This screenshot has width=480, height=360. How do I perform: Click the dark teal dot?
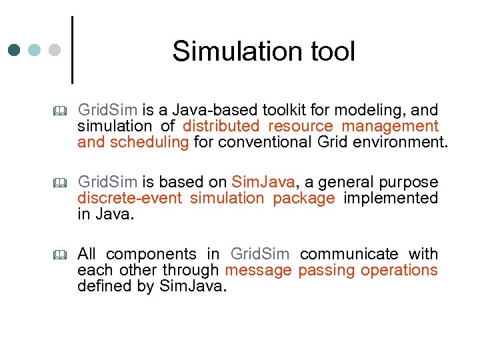pos(15,50)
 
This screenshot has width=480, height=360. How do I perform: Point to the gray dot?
pos(55,50)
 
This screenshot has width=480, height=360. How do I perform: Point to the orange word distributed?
pos(221,126)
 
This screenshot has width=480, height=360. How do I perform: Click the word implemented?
pos(391,198)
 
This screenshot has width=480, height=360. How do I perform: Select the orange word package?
pos(304,198)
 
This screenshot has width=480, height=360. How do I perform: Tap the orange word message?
pos(259,270)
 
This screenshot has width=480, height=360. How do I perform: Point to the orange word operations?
pos(399,270)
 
